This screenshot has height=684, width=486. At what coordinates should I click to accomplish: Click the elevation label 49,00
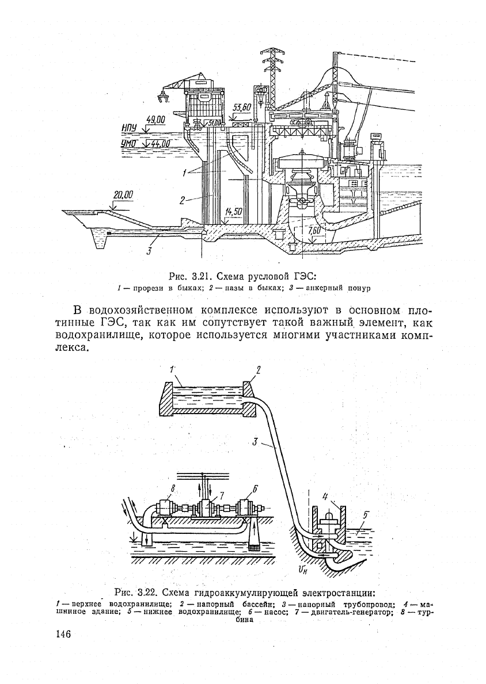tap(156, 120)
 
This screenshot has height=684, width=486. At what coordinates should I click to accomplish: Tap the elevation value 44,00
tap(160, 143)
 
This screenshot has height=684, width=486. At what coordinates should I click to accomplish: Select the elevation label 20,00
tap(123, 195)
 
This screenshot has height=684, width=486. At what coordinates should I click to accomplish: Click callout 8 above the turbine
tap(173, 488)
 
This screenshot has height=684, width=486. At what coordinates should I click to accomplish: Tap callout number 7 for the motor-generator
tap(221, 495)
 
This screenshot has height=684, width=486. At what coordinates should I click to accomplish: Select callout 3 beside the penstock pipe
tap(255, 442)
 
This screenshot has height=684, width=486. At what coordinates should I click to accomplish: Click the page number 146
tap(64, 634)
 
